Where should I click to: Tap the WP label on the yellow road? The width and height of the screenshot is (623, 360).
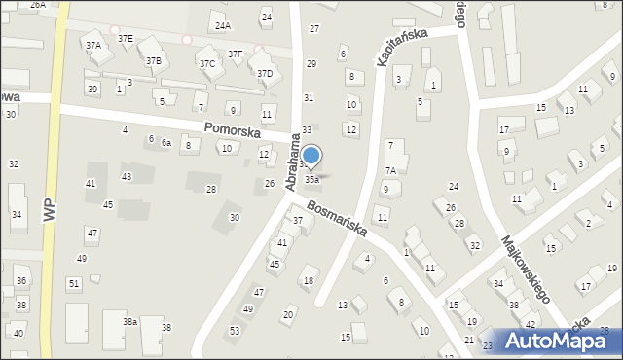click(x=49, y=210)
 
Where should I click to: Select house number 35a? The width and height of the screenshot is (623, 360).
click(x=311, y=180)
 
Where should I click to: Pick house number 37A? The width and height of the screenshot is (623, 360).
click(x=92, y=45)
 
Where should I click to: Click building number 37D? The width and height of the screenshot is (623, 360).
click(x=264, y=73)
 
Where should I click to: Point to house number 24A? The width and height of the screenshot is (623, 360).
click(x=223, y=25)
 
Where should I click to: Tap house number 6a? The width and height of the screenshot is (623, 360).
click(x=166, y=143)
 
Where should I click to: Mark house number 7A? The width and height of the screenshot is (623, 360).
click(x=389, y=170)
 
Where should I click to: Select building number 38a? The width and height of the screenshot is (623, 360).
click(x=129, y=321)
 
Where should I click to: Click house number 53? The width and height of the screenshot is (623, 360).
click(x=235, y=331)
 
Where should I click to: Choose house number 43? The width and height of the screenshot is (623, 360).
click(x=126, y=176)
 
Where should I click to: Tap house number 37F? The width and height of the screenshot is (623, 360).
click(x=235, y=54)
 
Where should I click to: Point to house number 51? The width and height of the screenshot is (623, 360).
click(x=73, y=283)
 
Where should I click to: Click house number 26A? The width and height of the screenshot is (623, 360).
click(x=37, y=5)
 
